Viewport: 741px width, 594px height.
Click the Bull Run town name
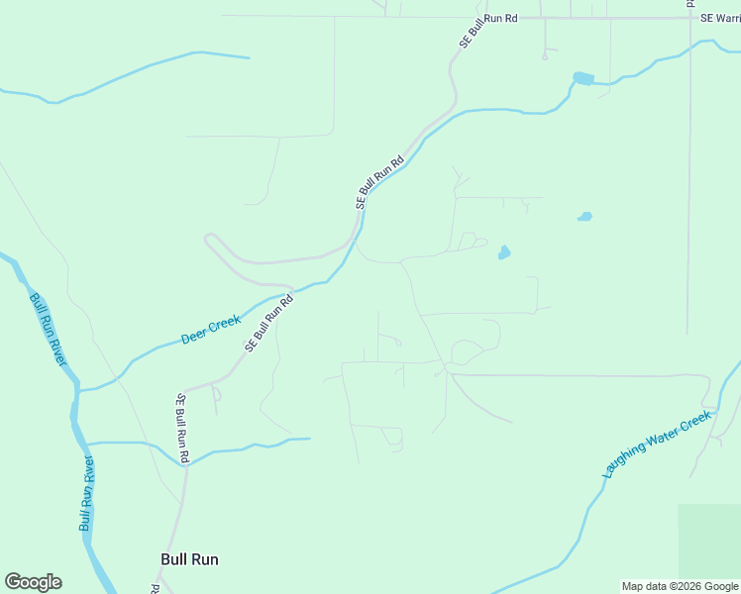189,559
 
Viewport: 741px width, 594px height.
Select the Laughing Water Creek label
657,445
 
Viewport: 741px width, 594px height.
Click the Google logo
33,582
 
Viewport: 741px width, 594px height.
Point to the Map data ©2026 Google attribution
680,586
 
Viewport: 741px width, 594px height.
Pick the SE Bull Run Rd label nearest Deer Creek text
269,323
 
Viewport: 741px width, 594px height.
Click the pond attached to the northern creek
583,78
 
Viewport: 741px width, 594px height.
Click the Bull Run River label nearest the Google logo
88,494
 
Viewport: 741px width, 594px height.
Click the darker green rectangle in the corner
708,541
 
